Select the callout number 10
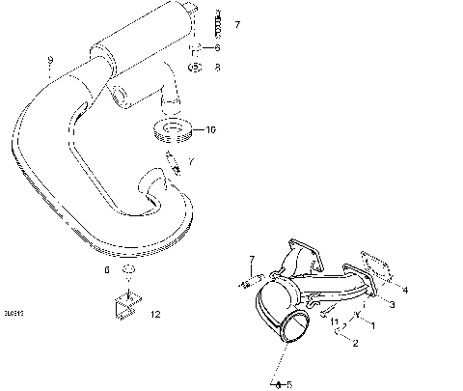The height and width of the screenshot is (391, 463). point(212,128)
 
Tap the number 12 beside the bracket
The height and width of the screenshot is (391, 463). point(155,314)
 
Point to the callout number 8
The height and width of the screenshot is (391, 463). point(217,67)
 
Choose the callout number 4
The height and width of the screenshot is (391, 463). point(405,289)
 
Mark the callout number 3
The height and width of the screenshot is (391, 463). point(393,304)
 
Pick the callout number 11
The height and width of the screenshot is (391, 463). point(334,320)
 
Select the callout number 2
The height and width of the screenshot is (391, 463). point(355,343)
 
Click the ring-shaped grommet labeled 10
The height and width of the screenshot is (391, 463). point(173,128)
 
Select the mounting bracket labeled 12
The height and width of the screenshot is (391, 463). point(123,306)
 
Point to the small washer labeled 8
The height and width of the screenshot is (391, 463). point(194,68)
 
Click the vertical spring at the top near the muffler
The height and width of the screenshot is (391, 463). point(217,18)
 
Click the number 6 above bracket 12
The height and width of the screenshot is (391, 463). point(106,271)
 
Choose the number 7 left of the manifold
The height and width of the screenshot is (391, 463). point(252,259)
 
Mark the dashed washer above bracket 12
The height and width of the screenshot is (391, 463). point(127,271)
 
